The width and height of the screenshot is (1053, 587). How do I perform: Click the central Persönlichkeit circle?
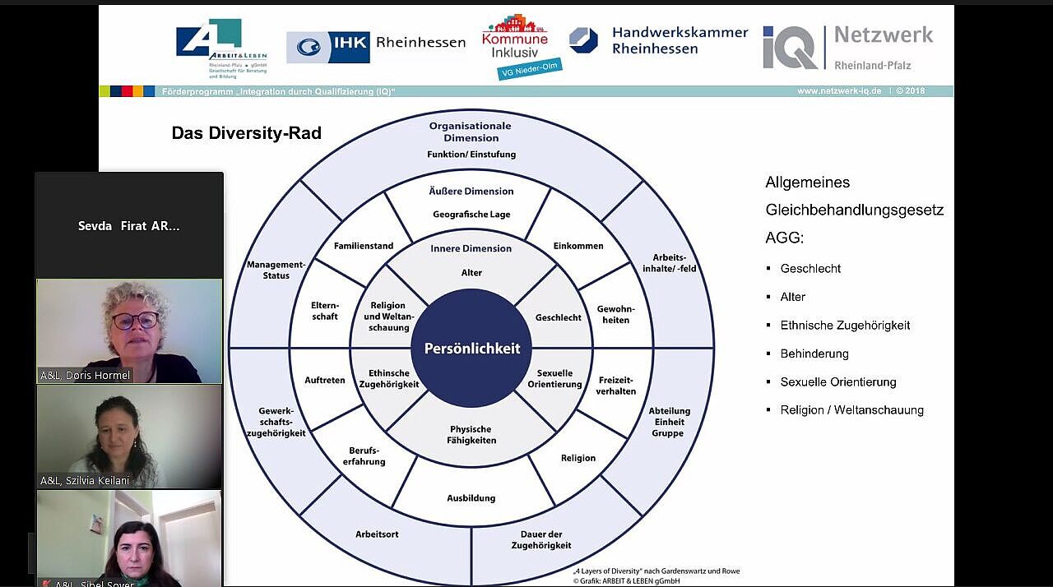point(472,349)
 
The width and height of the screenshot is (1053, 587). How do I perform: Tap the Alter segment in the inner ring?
point(471,272)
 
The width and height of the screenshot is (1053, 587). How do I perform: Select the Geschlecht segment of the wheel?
point(558,317)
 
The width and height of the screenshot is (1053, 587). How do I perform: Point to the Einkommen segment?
point(578,246)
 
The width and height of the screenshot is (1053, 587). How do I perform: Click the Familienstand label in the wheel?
point(363,246)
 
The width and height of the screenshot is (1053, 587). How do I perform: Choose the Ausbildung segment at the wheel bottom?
point(471,497)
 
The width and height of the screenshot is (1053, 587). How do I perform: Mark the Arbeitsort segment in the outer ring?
point(377,534)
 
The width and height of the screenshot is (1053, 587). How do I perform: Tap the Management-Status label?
point(276,270)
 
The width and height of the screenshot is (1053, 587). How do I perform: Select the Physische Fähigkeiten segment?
point(471,434)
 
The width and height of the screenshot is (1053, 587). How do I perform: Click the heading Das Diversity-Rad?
point(246,133)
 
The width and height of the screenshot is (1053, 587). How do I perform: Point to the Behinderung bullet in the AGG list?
point(814,354)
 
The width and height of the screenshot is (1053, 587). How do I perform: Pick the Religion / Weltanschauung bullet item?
point(851,410)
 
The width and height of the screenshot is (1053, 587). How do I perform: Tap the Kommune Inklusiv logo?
point(516,45)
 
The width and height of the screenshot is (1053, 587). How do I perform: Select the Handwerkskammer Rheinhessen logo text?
point(679,40)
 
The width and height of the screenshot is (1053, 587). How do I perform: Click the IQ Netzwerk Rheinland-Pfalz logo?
point(847,46)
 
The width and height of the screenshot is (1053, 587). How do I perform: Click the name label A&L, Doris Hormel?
point(86,376)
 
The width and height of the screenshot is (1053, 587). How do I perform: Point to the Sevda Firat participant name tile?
point(128,225)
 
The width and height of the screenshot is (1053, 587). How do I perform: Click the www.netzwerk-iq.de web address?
point(838,91)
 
